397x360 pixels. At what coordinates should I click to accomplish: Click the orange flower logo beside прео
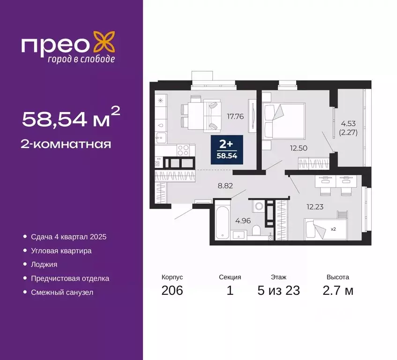click(104, 41)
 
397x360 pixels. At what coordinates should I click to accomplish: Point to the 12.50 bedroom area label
click(299, 148)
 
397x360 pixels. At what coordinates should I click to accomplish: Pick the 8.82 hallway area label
click(226, 186)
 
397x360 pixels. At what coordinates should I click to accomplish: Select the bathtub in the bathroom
click(222, 220)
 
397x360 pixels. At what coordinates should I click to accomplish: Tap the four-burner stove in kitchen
click(183, 150)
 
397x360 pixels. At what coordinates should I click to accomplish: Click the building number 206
click(172, 291)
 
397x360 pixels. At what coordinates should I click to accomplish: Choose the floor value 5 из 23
click(278, 291)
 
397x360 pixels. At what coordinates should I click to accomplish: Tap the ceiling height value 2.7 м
click(338, 291)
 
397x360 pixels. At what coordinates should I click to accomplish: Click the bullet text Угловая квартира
click(61, 251)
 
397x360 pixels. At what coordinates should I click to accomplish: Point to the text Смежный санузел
click(62, 292)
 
